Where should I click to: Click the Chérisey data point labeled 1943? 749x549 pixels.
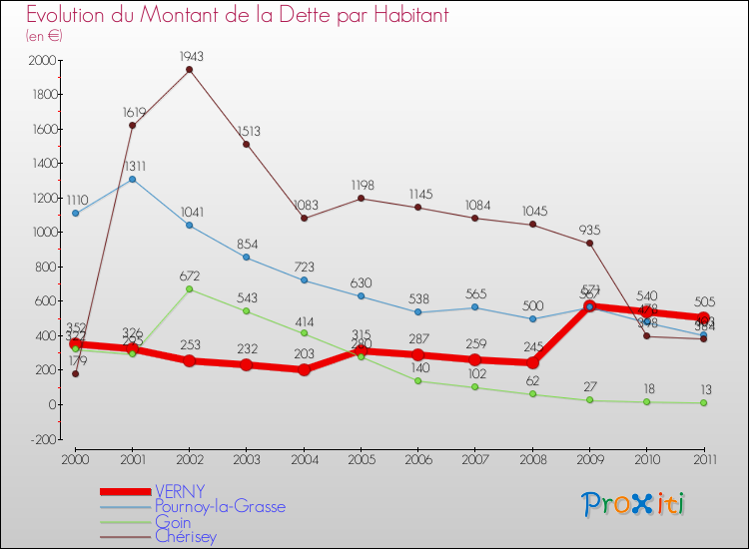tap(190, 70)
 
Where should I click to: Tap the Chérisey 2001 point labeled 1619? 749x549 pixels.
tap(133, 126)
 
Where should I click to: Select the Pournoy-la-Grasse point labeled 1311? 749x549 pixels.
tap(133, 179)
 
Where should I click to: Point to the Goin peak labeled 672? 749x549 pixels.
tap(190, 288)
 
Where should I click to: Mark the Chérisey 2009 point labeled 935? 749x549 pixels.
tap(589, 244)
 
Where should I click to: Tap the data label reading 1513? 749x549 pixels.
tap(248, 130)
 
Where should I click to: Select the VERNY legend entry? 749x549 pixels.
tap(180, 491)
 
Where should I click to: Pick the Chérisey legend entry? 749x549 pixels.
tap(185, 536)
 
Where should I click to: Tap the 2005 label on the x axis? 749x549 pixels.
tap(361, 458)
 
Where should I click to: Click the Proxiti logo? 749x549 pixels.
tap(633, 504)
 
